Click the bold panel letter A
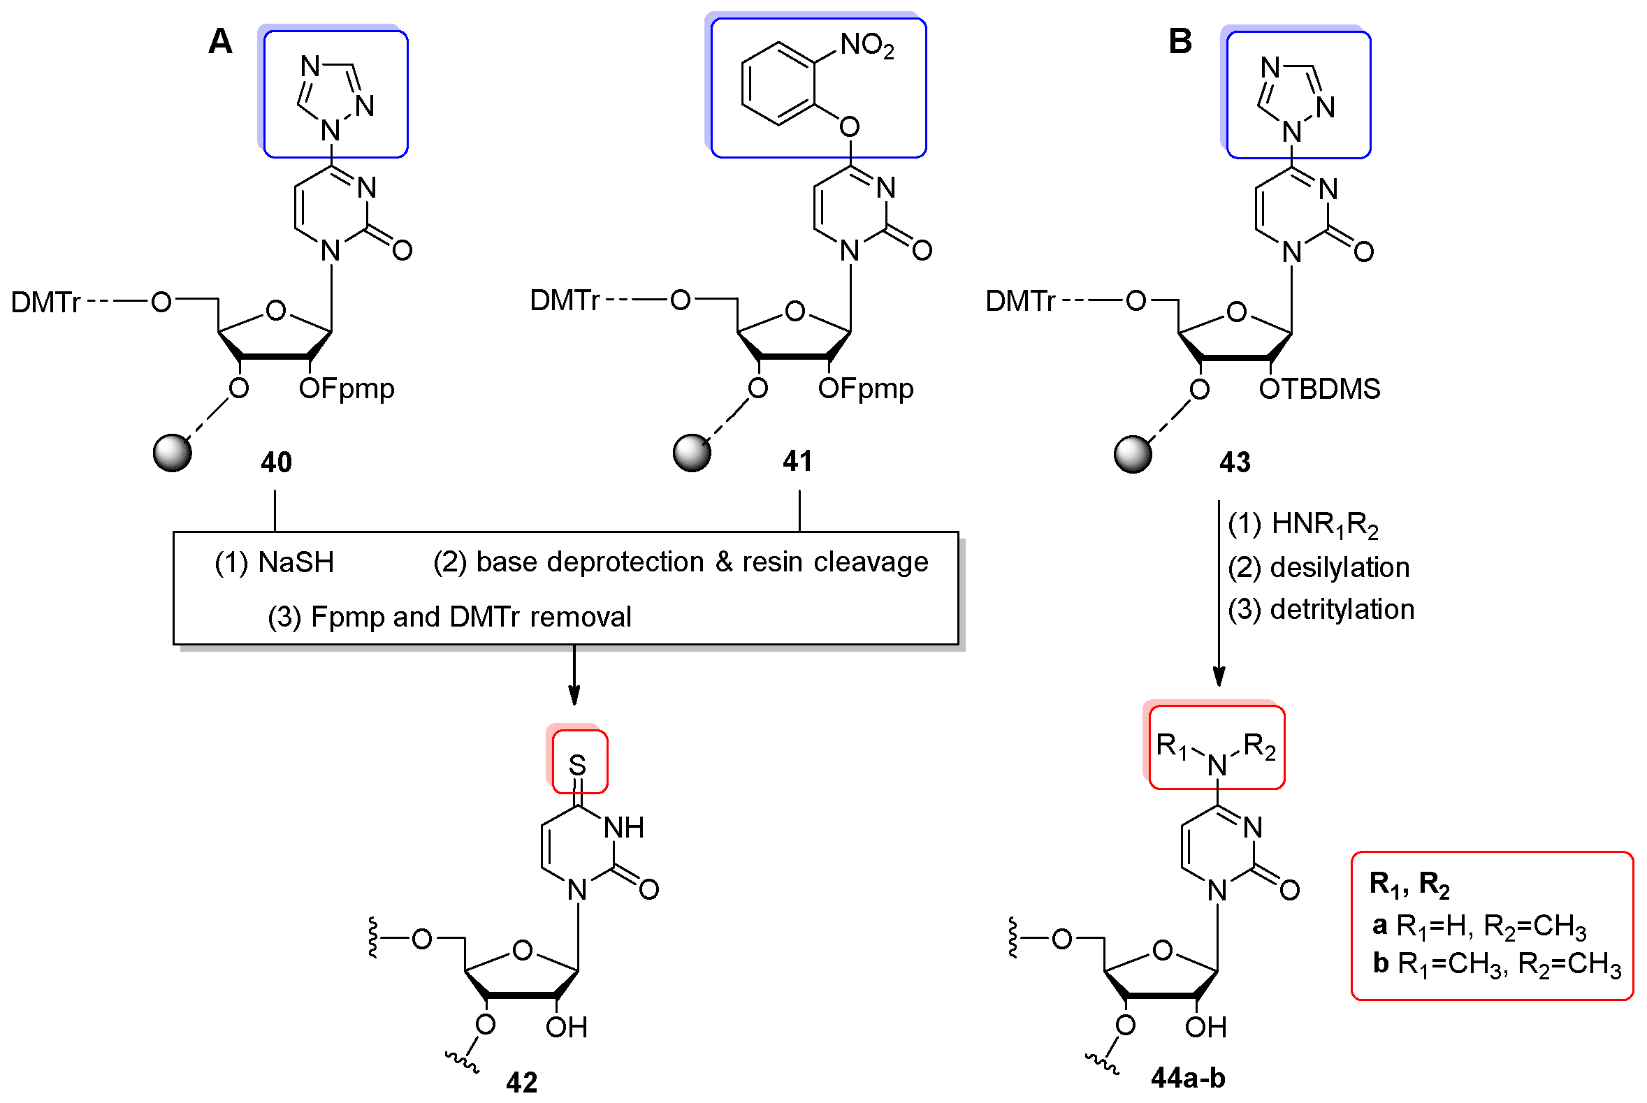pyautogui.click(x=220, y=42)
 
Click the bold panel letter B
pyautogui.click(x=1180, y=42)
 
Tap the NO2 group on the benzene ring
pyautogui.click(x=866, y=45)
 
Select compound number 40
pyautogui.click(x=276, y=462)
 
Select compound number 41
pyautogui.click(x=797, y=461)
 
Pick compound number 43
pyautogui.click(x=1234, y=462)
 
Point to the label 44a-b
pyautogui.click(x=1188, y=1077)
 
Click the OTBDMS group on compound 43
pyautogui.click(x=1319, y=389)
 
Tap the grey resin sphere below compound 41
pyautogui.click(x=692, y=453)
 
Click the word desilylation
pyautogui.click(x=1339, y=567)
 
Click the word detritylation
pyautogui.click(x=1341, y=609)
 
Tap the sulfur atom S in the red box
pyautogui.click(x=577, y=765)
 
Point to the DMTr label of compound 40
pyautogui.click(x=45, y=302)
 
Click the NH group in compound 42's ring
pyautogui.click(x=623, y=828)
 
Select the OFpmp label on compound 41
pyautogui.click(x=864, y=389)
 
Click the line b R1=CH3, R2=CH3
pyautogui.click(x=1496, y=964)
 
